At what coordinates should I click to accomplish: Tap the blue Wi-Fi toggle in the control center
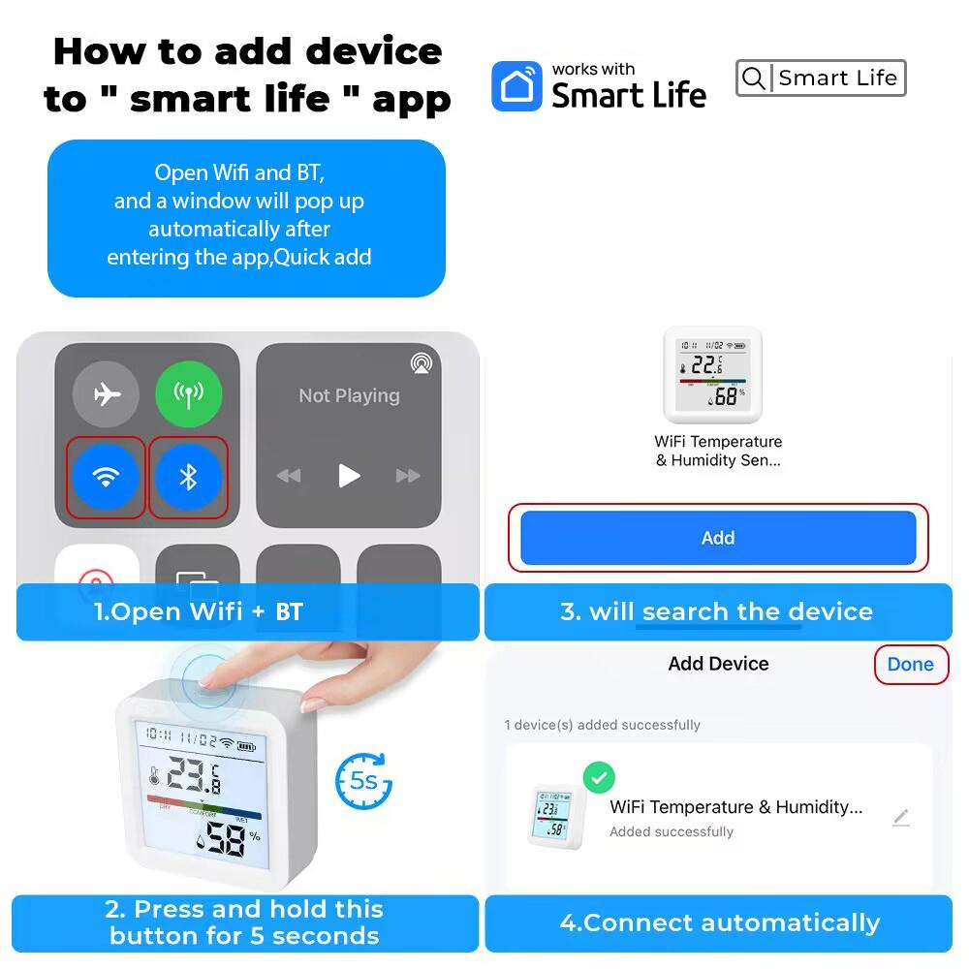coord(106,477)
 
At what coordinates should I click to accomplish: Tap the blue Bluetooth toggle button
coord(189,477)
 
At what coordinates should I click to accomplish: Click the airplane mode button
coord(106,394)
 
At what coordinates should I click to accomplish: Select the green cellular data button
coord(189,394)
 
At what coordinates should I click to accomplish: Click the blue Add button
coord(718,538)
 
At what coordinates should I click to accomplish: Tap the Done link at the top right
coord(910,665)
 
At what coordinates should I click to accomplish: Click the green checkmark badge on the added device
coord(599,777)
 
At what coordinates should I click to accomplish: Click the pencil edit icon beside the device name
coord(900,818)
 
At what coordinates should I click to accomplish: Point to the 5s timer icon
coord(363,780)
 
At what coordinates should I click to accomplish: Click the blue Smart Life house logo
coord(516,86)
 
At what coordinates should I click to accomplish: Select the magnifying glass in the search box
coord(753,78)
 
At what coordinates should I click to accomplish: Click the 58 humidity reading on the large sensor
coord(225,841)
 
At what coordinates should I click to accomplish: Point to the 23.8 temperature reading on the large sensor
coord(194,775)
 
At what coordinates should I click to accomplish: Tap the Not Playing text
coord(349,395)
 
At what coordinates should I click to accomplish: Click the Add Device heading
coord(718,664)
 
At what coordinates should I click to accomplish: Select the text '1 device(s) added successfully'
coord(602,725)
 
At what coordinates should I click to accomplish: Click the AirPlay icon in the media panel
coord(422,363)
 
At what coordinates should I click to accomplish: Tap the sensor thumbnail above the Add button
coord(712,373)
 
